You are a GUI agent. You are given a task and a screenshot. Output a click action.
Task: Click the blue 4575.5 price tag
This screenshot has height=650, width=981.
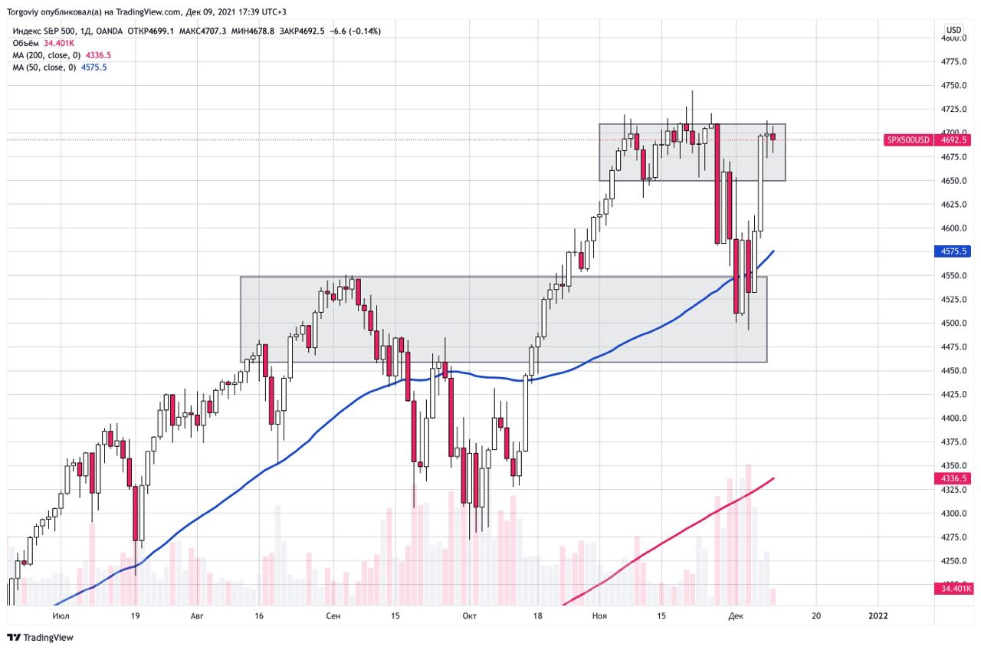coord(953,251)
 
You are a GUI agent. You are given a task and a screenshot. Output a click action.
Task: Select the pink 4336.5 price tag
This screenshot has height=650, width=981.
coord(953,478)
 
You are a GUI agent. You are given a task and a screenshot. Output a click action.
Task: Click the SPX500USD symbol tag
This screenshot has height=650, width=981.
coord(908,140)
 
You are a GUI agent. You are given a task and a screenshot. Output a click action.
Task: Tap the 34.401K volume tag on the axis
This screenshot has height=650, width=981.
coord(953,589)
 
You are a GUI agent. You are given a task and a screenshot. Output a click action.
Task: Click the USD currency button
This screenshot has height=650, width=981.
coord(953,30)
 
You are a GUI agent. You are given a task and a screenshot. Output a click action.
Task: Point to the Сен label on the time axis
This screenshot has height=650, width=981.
coord(333,616)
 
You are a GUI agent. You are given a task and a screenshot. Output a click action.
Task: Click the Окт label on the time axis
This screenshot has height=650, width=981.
coord(469,616)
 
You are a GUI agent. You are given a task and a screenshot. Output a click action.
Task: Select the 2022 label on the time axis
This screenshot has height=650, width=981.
coord(878,616)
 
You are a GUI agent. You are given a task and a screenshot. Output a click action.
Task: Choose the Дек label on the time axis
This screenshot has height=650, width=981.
coord(735,616)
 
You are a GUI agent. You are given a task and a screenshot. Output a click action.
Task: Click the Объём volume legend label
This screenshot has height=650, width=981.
coord(25,44)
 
